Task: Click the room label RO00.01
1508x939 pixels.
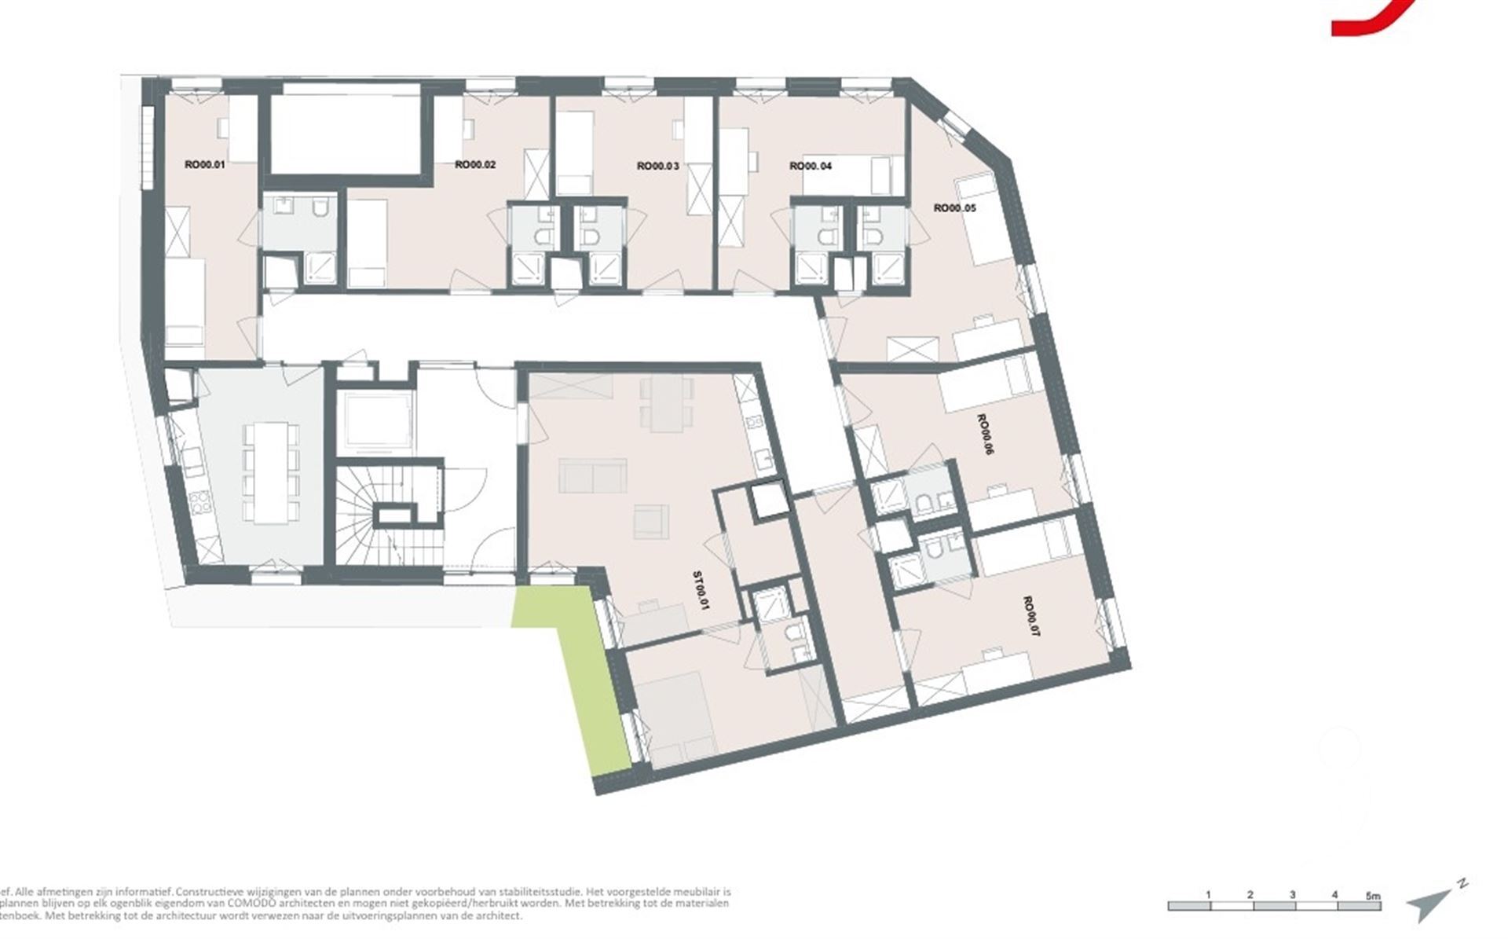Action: pos(204,165)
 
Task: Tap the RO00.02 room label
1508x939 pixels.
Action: pos(475,165)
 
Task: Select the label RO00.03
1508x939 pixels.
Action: pos(657,166)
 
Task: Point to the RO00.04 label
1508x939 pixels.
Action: pos(811,166)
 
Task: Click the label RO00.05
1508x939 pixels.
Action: pos(953,208)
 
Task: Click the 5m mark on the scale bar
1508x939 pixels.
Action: pos(1372,895)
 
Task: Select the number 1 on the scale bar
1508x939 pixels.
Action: pos(1208,895)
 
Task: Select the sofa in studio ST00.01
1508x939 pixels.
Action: pos(593,476)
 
